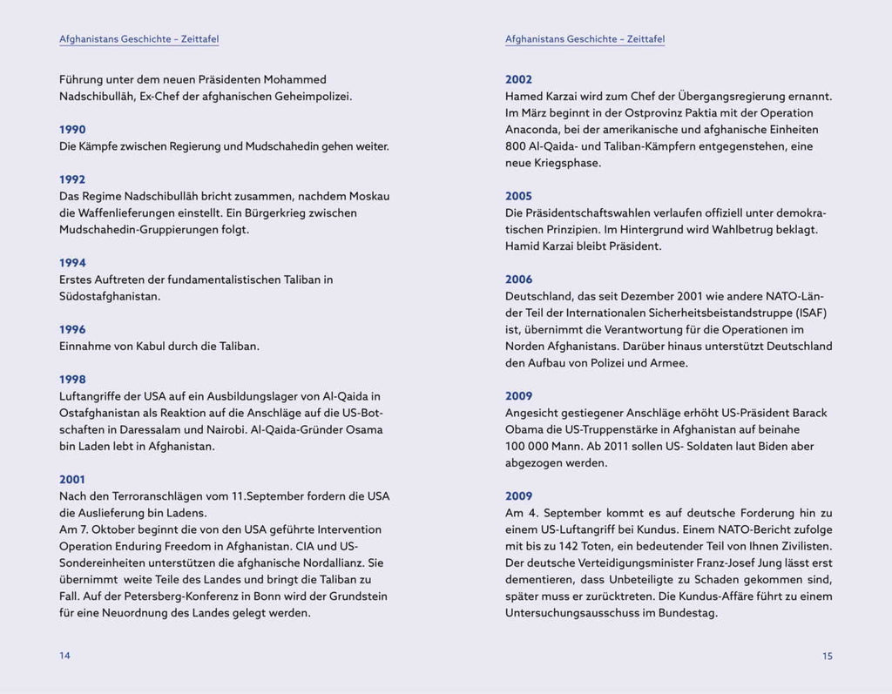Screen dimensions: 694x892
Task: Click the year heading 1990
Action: [x=72, y=130]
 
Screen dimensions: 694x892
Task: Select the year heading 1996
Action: [x=72, y=329]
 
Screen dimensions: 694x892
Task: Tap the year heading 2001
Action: [x=72, y=480]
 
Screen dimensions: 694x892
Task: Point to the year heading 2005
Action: [x=518, y=196]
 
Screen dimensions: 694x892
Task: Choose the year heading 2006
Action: [x=518, y=280]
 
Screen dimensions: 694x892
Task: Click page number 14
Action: [x=64, y=656]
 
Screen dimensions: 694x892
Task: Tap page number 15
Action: [x=827, y=656]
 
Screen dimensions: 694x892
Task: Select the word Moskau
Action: [x=367, y=196]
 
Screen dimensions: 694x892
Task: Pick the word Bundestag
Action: [x=687, y=613]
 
